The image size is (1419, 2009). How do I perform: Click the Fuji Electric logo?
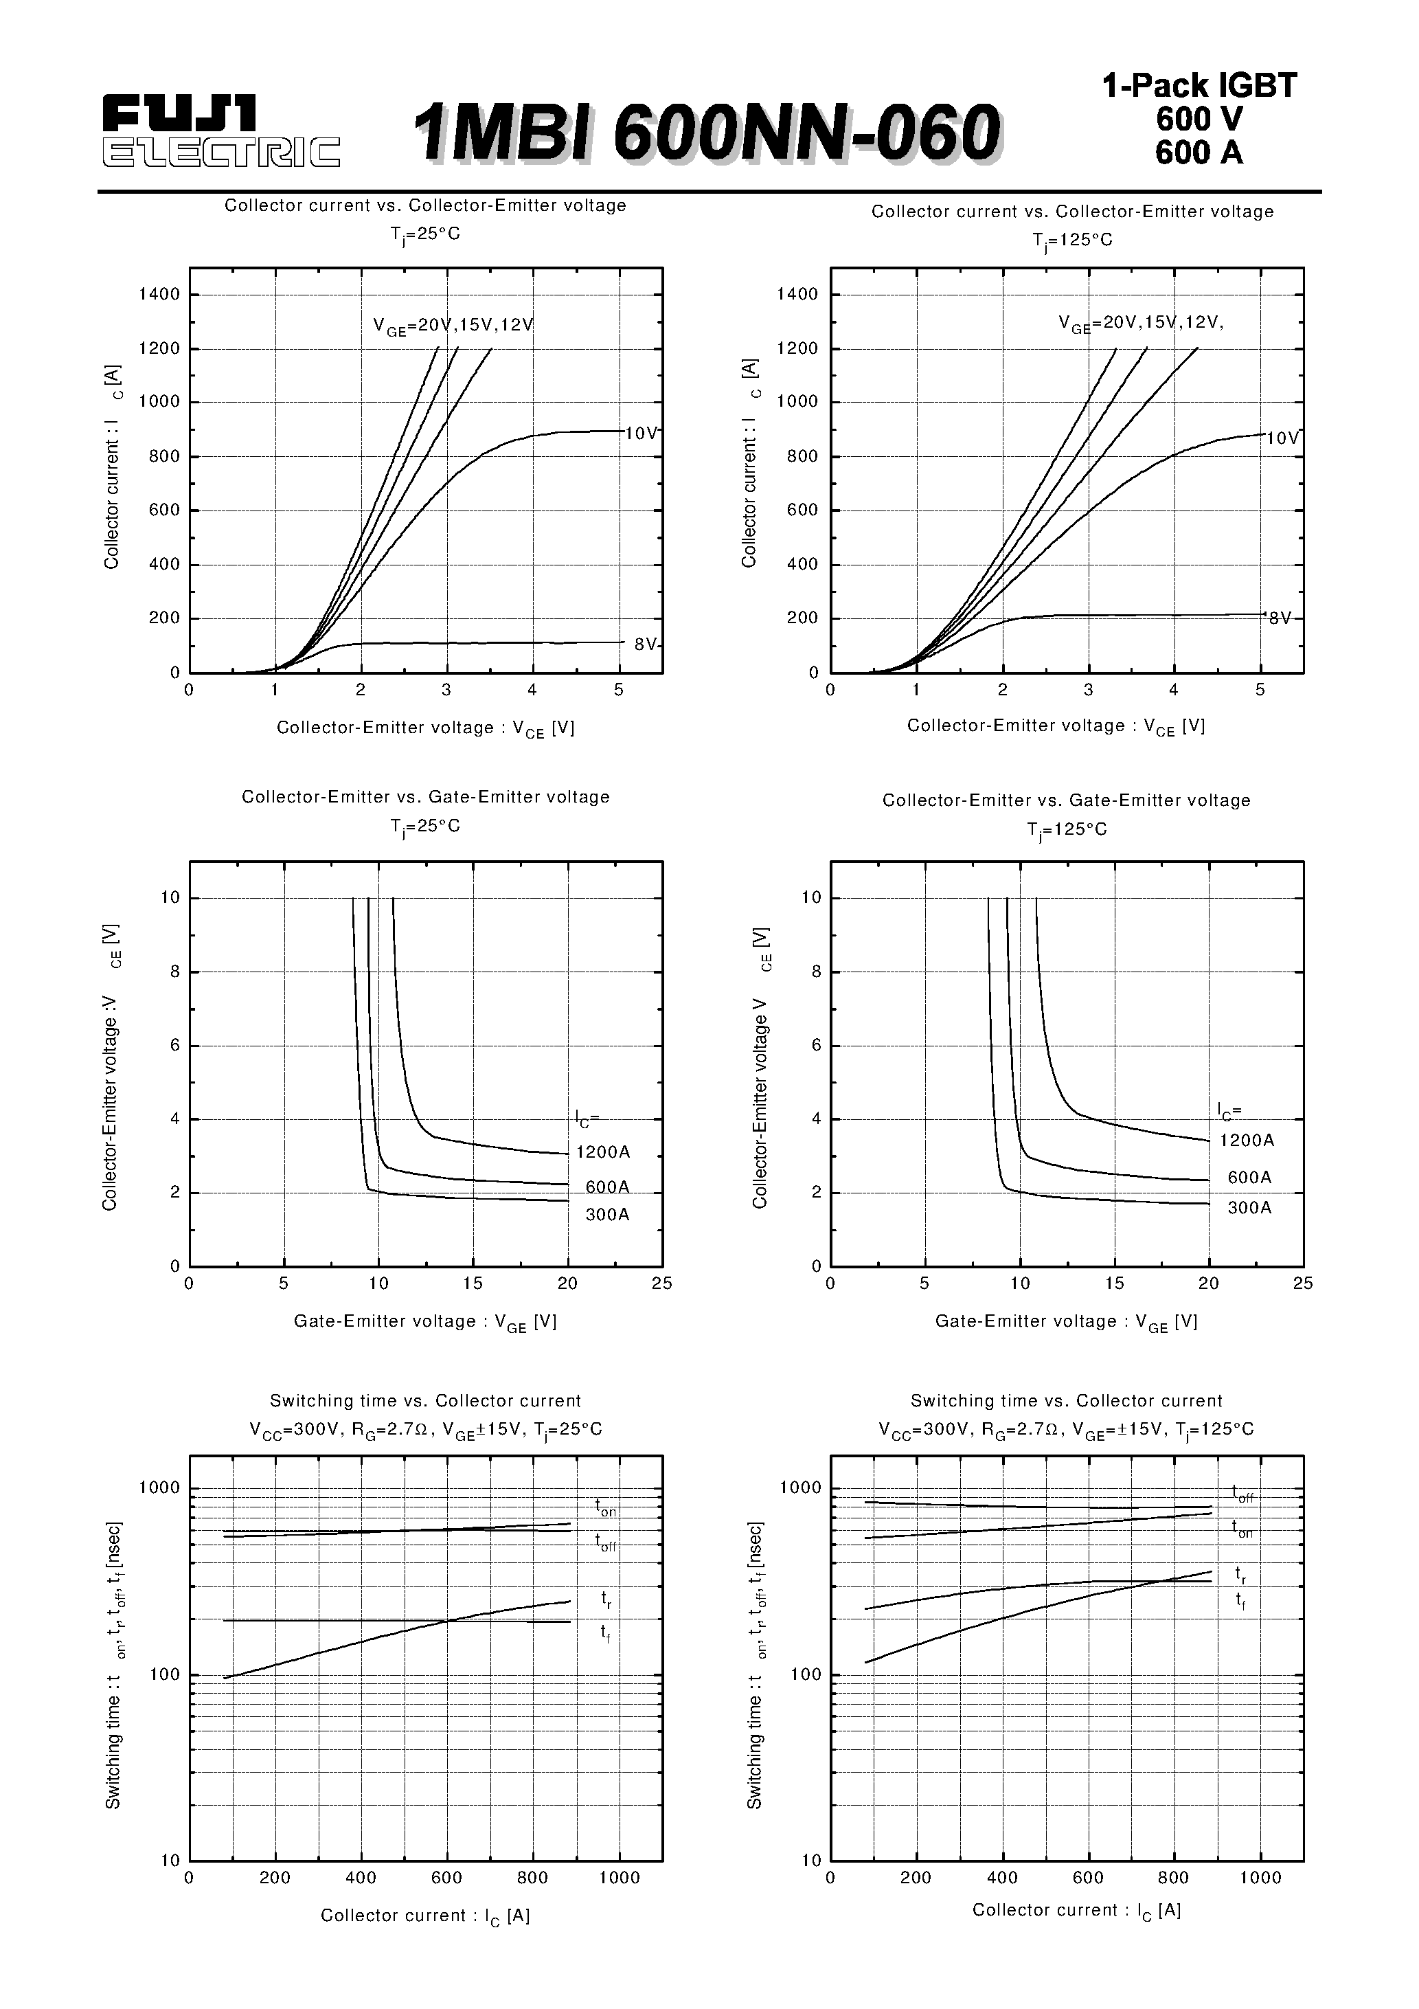point(220,131)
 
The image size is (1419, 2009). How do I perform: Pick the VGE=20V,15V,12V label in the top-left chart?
point(453,326)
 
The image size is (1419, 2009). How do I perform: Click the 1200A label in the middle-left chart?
point(603,1152)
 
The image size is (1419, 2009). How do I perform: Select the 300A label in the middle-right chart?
point(1249,1209)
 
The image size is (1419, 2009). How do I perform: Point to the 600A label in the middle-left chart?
point(607,1187)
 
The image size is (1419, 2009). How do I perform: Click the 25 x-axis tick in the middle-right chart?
point(1303,1283)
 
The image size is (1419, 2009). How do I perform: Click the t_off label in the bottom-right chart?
point(1242,1494)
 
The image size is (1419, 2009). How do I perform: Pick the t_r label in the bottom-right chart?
point(1240,1574)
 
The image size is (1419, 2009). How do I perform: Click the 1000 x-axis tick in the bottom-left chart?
point(619,1878)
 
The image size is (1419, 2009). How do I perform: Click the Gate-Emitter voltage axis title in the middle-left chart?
point(425,1322)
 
